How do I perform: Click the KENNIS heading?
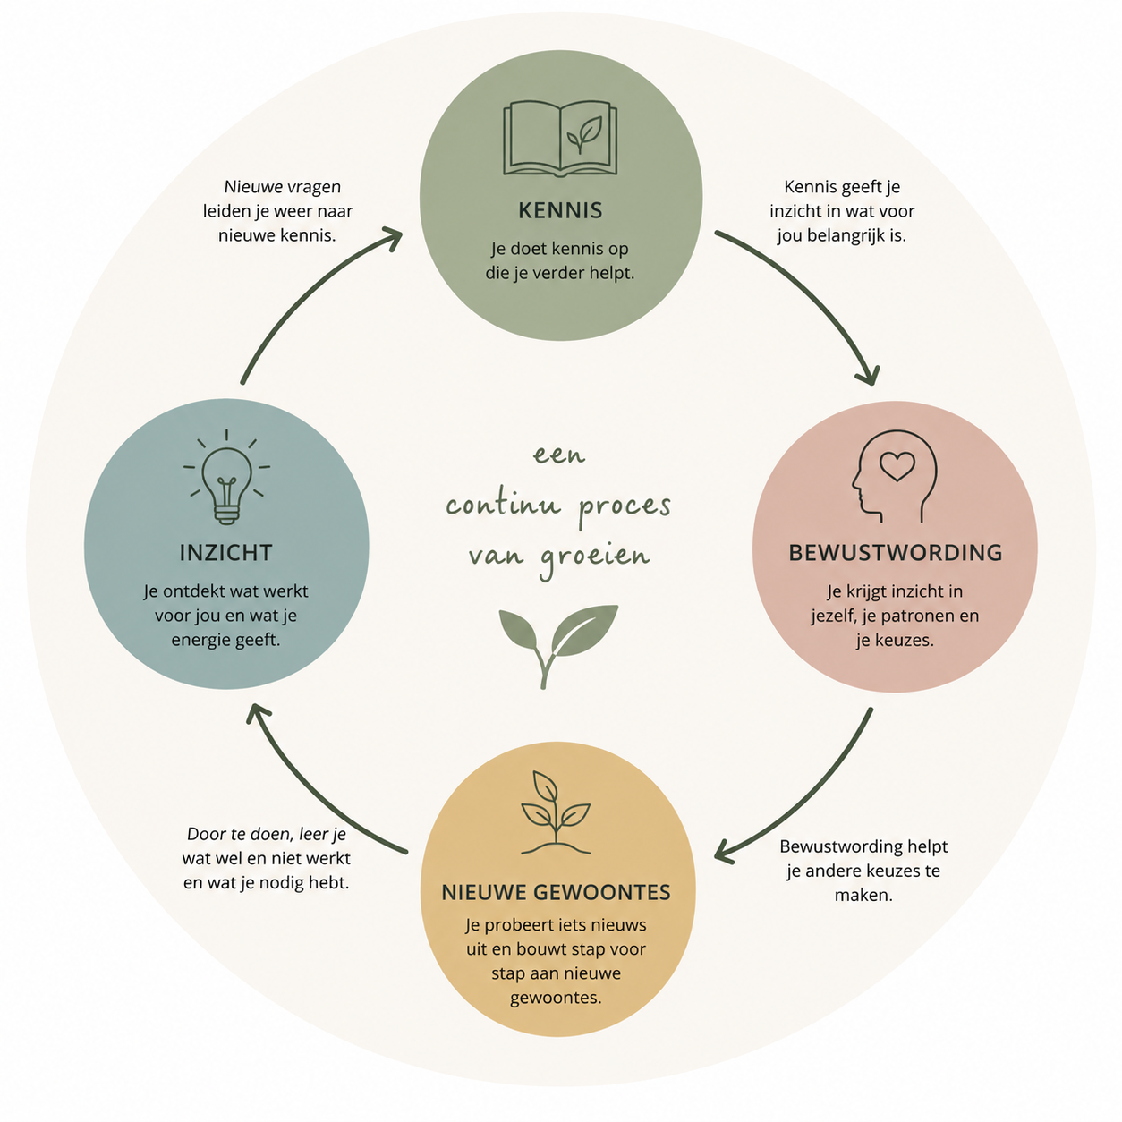[560, 210]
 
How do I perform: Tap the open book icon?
[560, 139]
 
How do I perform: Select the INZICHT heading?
[225, 553]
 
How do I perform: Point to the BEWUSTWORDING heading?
[896, 553]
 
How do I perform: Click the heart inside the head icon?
[897, 466]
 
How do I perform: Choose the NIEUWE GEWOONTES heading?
[556, 893]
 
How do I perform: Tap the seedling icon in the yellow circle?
[556, 812]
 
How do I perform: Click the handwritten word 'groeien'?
[594, 557]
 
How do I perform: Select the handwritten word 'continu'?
[503, 505]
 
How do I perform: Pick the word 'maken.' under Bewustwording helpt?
[863, 895]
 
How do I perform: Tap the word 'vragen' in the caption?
[314, 188]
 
